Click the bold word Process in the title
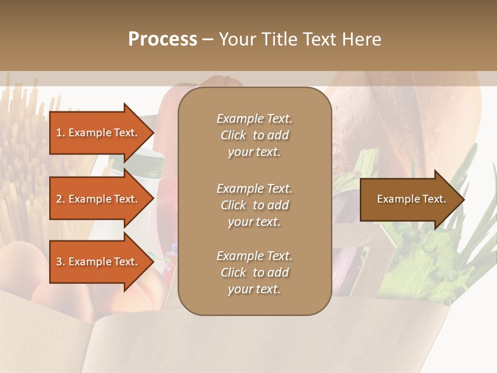pyautogui.click(x=163, y=39)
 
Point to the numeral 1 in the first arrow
pyautogui.click(x=59, y=133)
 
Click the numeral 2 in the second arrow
pyautogui.click(x=59, y=199)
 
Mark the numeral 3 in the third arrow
pyautogui.click(x=59, y=262)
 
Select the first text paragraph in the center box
pyautogui.click(x=254, y=135)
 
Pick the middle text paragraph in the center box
pyautogui.click(x=254, y=205)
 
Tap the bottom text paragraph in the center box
pyautogui.click(x=254, y=272)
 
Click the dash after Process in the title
pyautogui.click(x=208, y=39)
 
